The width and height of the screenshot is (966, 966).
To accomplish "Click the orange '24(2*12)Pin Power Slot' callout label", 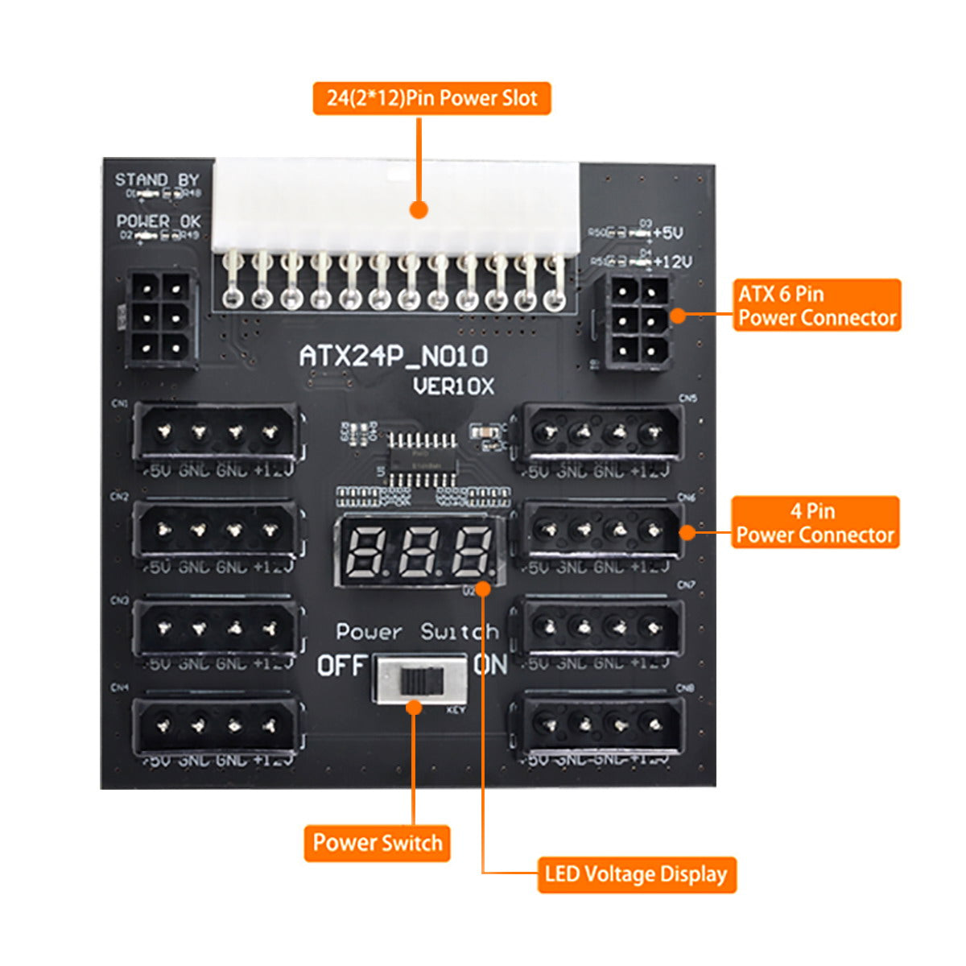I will click(x=431, y=98).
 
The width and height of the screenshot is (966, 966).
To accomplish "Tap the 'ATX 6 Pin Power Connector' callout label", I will click(x=817, y=305).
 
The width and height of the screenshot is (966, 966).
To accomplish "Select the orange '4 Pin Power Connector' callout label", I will click(x=815, y=522).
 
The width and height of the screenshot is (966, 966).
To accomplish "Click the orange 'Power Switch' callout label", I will click(x=377, y=843).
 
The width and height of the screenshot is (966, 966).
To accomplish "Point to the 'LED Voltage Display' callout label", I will click(x=636, y=874).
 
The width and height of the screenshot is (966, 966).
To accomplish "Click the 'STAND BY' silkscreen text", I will click(x=156, y=180).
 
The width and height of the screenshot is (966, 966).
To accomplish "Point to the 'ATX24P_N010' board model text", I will click(x=394, y=356).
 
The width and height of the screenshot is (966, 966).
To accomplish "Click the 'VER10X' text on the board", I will click(x=453, y=386).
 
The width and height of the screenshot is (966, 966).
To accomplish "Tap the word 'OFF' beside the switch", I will click(x=341, y=666).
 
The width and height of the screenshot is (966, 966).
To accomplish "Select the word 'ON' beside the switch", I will click(x=491, y=665).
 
